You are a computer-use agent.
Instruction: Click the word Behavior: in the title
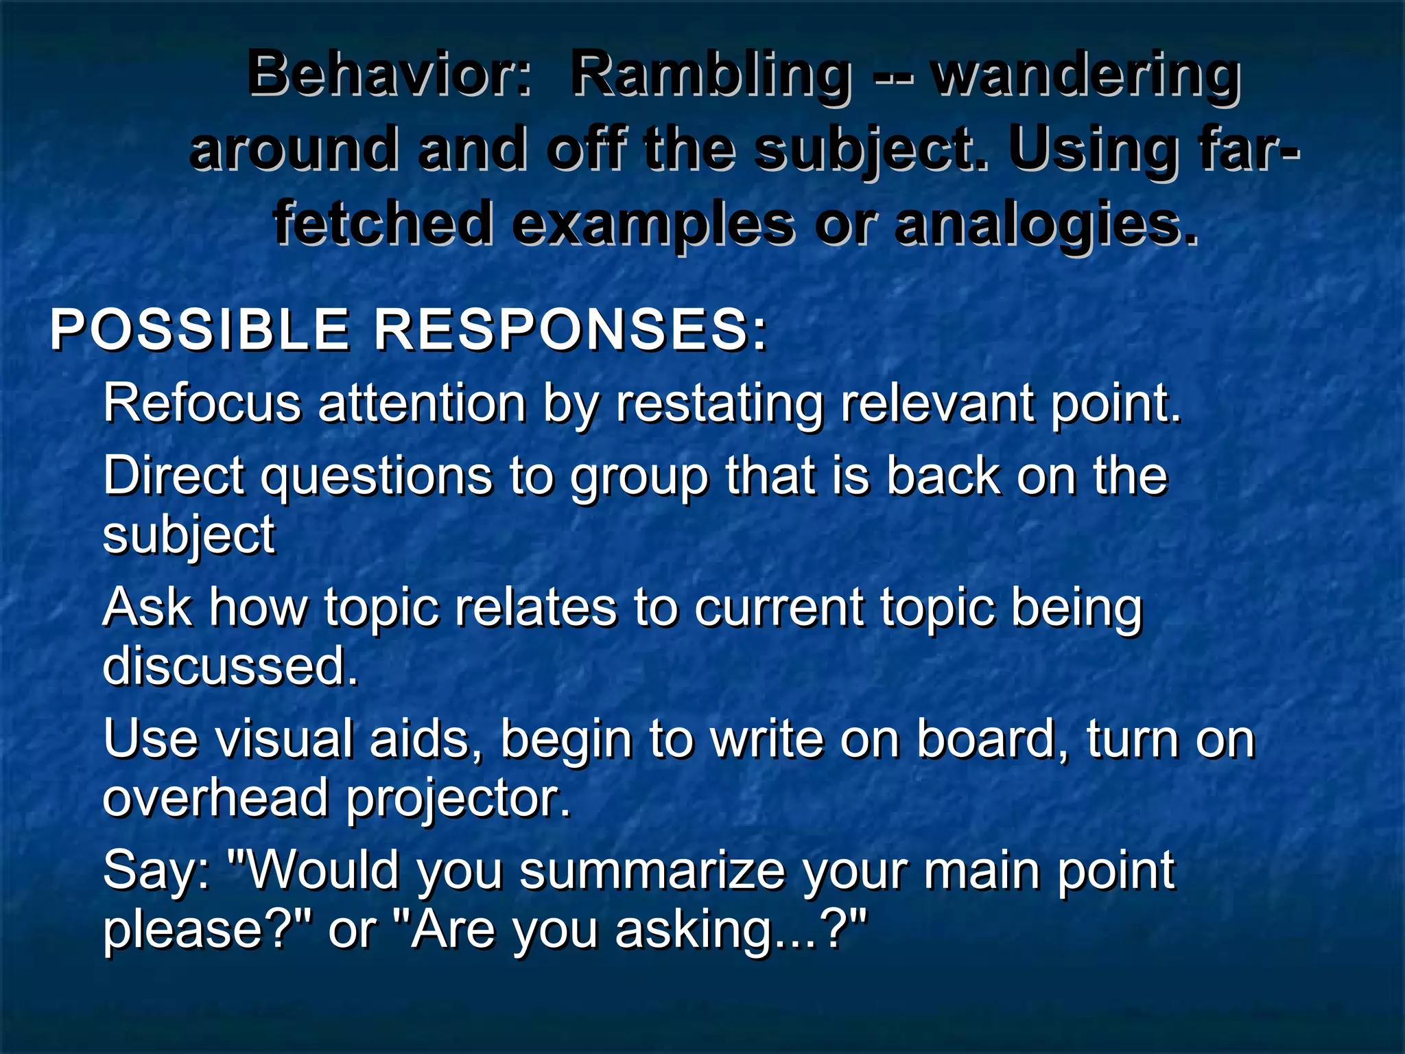point(389,74)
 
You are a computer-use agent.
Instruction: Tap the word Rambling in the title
point(711,74)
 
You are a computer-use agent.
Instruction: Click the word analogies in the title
point(1046,224)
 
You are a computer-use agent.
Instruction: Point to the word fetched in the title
point(383,224)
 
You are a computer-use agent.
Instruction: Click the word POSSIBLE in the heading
point(199,330)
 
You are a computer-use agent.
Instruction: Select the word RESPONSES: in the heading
point(570,330)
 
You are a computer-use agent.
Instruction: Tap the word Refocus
point(202,403)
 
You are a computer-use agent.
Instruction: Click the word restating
point(720,403)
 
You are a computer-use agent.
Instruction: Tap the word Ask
point(147,608)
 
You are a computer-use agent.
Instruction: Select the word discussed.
point(230,666)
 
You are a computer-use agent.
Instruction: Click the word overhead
point(215,798)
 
